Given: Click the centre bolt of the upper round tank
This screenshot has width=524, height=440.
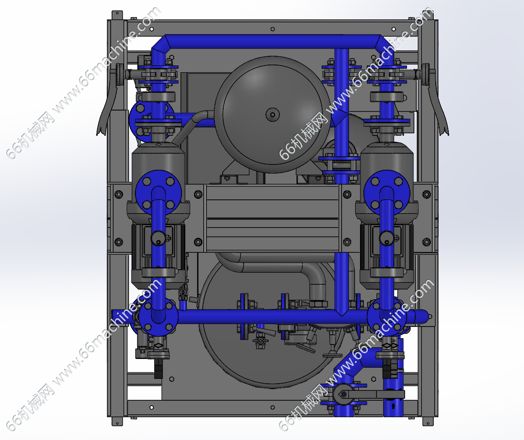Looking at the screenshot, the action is (272, 115).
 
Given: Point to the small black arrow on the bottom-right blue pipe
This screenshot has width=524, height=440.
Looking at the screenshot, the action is (393, 406).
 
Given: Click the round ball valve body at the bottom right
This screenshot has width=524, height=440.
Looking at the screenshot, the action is (344, 394).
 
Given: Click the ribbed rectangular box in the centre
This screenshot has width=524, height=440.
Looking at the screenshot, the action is (272, 218).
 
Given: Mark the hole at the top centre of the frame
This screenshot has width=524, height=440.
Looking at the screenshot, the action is (272, 29).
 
